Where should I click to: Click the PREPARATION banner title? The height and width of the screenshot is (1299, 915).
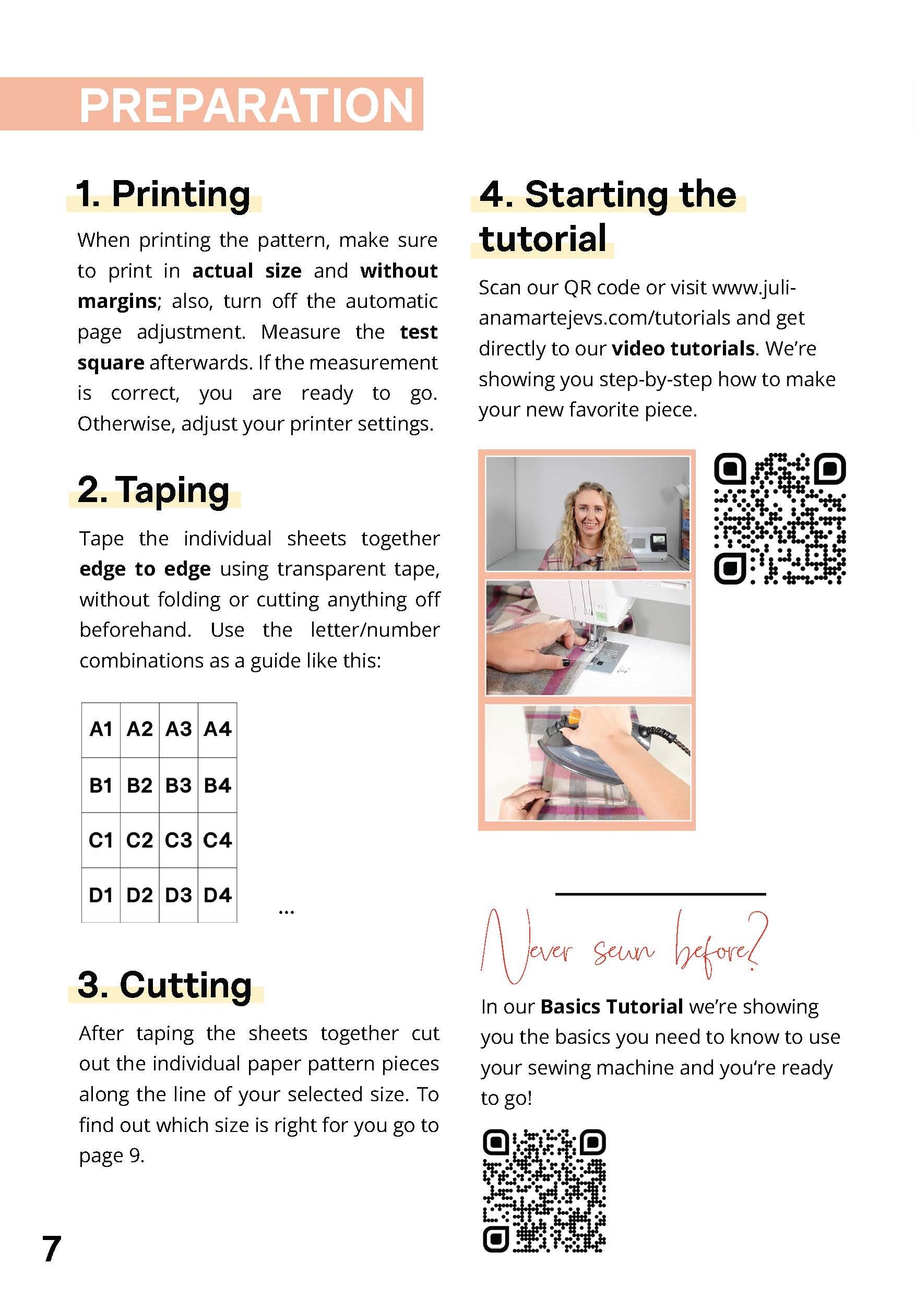(x=246, y=105)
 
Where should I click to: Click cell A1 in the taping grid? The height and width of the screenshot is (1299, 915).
(x=101, y=729)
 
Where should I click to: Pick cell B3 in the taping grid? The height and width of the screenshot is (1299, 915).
(x=178, y=785)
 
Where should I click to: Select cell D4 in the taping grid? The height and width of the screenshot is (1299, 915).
(x=217, y=895)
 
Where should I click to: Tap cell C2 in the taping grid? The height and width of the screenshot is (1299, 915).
(x=139, y=840)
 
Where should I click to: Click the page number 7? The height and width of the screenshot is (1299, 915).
(x=52, y=1249)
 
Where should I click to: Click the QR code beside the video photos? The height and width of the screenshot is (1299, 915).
(x=779, y=518)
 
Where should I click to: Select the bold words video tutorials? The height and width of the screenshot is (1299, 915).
(x=683, y=349)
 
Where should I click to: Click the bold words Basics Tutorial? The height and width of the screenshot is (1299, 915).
(x=612, y=1007)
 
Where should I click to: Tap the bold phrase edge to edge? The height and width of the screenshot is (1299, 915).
(x=145, y=568)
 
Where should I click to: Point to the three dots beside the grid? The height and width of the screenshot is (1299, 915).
(x=287, y=911)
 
